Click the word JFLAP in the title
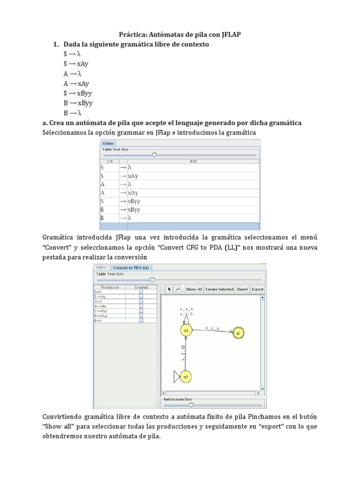click(227, 34)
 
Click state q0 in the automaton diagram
click(186, 376)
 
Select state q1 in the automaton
click(186, 330)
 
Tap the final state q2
click(238, 333)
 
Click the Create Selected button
click(219, 289)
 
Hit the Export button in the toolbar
click(257, 289)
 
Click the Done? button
click(242, 289)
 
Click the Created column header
click(141, 287)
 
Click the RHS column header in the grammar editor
click(193, 160)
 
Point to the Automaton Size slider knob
click(191, 405)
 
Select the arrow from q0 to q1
click(186, 354)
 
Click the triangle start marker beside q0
click(177, 376)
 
